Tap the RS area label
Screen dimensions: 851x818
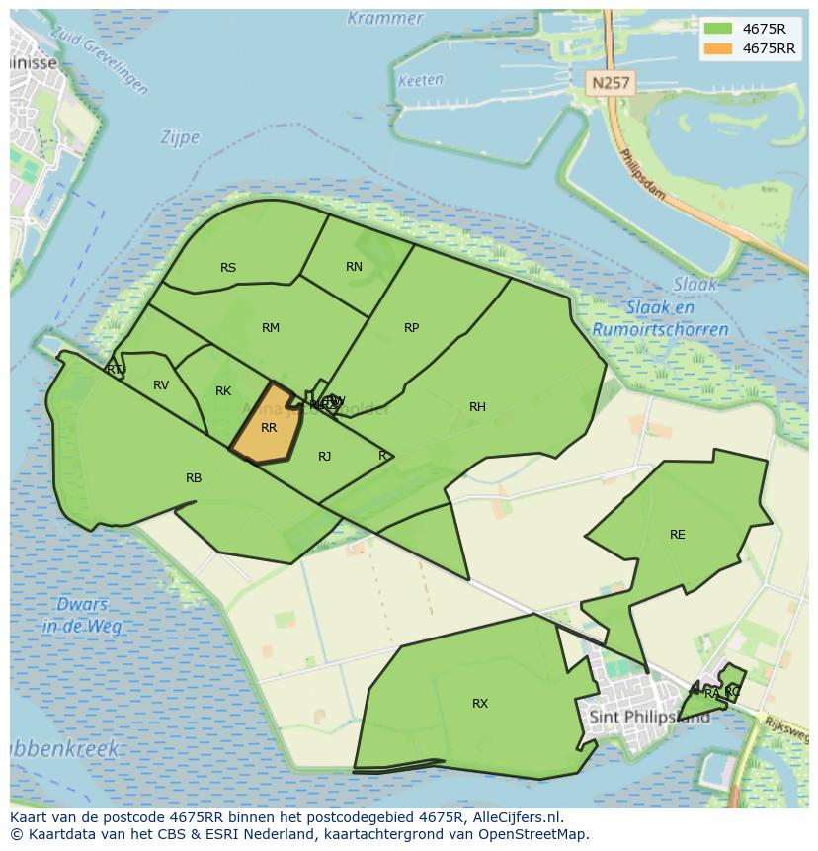[x=228, y=268]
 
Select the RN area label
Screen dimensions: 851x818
[x=354, y=267]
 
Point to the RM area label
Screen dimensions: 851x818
[x=271, y=328]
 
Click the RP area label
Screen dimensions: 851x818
[x=412, y=328]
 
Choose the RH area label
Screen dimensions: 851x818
[x=477, y=407]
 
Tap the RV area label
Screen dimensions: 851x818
[x=161, y=385]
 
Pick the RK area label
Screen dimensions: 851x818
[x=223, y=391]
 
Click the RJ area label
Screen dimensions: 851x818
[x=325, y=456]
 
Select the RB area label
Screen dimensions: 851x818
[x=194, y=478]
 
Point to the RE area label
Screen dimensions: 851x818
[x=677, y=535]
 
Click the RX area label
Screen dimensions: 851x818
[x=480, y=704]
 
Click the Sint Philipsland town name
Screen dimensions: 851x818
[x=648, y=717]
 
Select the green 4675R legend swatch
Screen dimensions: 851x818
[x=718, y=28]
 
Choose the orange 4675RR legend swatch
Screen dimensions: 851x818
[x=718, y=48]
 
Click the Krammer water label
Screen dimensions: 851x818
[x=385, y=19]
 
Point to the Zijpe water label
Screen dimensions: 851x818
[x=180, y=138]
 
